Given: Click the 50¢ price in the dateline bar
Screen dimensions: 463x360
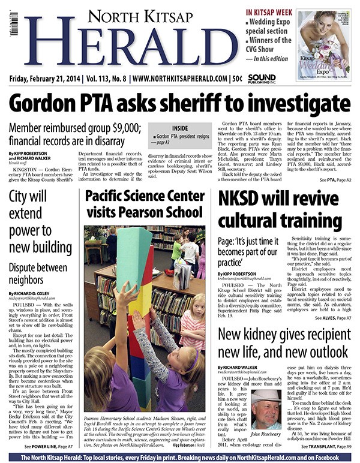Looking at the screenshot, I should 236,79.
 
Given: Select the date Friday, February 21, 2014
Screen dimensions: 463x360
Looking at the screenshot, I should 47,79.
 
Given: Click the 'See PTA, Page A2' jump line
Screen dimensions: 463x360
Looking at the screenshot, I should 335,163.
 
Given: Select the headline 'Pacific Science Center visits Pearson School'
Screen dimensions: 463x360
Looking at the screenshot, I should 145,187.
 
